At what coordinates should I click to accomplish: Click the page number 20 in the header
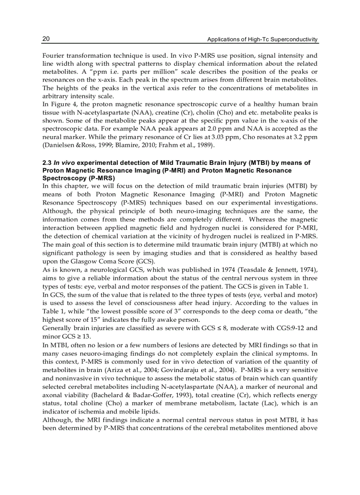click(46, 39)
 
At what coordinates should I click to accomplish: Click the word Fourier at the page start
click(53, 56)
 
